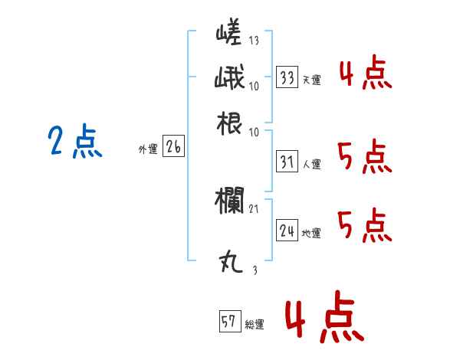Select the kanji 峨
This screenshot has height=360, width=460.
229,80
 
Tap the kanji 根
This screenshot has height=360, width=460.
230,123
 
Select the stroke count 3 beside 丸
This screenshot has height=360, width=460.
255,270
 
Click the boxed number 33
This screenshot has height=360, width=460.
287,78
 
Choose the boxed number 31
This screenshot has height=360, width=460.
287,162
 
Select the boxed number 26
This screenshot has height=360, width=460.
172,148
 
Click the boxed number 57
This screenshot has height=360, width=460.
229,322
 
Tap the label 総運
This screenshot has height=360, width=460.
255,325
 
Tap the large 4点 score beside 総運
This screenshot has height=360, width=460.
321,319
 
